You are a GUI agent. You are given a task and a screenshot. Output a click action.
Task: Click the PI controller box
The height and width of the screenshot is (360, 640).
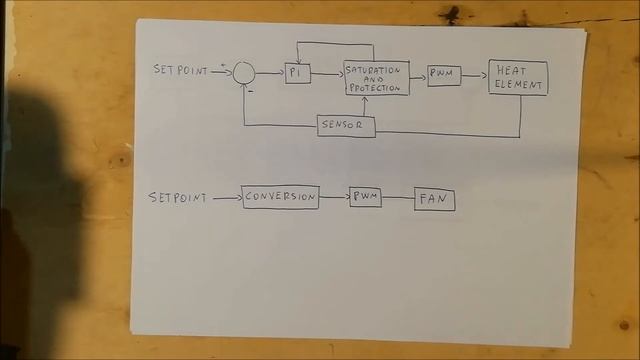pos(297,74)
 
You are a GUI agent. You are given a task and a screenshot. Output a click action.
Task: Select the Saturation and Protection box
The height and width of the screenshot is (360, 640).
pos(376,78)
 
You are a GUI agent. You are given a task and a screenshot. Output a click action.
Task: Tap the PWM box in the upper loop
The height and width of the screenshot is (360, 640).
pos(444,75)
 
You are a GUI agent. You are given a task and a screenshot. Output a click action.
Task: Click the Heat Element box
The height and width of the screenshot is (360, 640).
pos(518,78)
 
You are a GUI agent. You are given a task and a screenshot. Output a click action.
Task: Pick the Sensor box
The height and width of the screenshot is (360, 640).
pos(346,127)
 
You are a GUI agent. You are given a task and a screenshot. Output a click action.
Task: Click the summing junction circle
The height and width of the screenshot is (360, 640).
pos(244,72)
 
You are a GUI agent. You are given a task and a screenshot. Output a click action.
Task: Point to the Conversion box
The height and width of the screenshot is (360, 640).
pos(280,197)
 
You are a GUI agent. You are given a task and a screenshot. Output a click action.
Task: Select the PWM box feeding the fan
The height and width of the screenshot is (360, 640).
pos(365,198)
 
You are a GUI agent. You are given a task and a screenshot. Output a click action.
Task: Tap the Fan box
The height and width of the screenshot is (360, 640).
pos(434,200)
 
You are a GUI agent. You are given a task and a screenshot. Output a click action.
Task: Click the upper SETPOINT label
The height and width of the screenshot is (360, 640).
pos(180,70)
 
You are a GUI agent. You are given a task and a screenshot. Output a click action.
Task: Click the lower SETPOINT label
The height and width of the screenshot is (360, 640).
pos(178,198)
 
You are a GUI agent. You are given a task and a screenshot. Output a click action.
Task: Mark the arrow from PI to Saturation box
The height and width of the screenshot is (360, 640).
pos(327,74)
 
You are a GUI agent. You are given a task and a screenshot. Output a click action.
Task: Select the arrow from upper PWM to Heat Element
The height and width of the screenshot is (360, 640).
pos(474,75)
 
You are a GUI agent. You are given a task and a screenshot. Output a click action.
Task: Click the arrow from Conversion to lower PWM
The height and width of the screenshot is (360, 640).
pos(334,197)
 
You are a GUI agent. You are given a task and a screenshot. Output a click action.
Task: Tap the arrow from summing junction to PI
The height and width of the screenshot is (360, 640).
pos(270,72)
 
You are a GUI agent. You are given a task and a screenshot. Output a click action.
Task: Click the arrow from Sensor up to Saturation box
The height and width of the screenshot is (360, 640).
pos(364,106)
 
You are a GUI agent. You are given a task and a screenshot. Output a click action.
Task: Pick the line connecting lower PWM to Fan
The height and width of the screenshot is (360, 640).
pos(398,198)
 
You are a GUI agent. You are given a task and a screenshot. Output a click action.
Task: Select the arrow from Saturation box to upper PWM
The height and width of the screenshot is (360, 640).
pos(418,75)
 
